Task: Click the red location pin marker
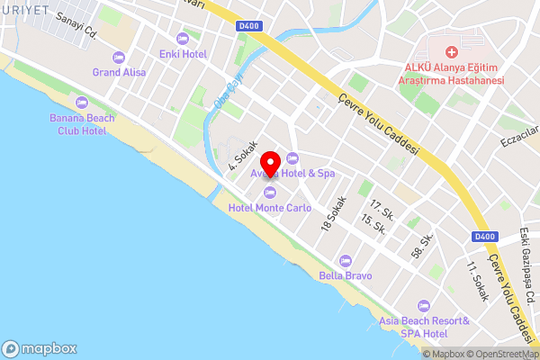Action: [268, 166]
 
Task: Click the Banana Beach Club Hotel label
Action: [78, 124]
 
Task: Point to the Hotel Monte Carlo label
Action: [270, 208]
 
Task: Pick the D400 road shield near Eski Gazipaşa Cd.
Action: [484, 236]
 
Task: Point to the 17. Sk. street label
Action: [382, 210]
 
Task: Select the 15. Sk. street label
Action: [373, 225]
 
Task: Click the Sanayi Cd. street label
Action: [76, 28]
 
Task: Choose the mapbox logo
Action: [39, 349]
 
